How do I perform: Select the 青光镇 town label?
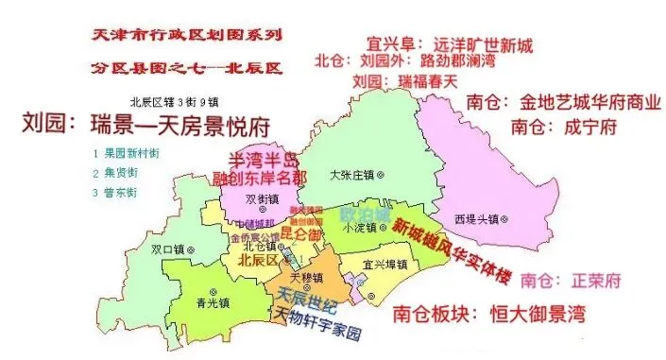click(213, 304)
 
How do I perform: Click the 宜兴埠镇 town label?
click(388, 264)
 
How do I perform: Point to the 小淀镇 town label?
click(365, 227)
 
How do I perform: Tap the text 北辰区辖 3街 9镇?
click(177, 102)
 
